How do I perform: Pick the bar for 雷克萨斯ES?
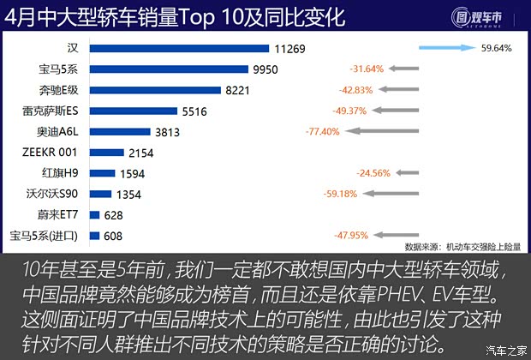(126, 111)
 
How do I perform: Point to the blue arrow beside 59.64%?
(452, 48)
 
